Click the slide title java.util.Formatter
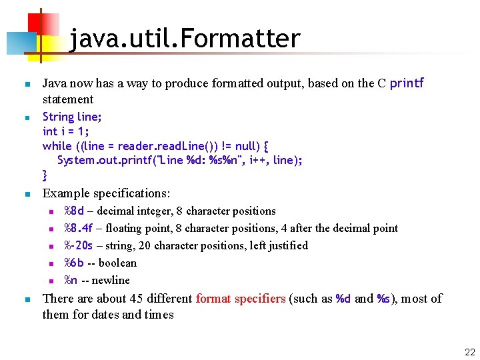tap(185, 39)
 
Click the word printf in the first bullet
tap(407, 83)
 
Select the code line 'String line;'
tap(72, 117)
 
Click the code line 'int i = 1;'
tap(66, 131)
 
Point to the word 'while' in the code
tap(57, 146)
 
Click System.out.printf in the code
tap(97, 160)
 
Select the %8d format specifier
tap(73, 211)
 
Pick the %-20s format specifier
tap(79, 246)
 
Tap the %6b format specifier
tap(73, 263)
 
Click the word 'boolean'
tap(117, 263)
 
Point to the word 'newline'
tap(111, 280)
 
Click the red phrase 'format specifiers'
tap(241, 299)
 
